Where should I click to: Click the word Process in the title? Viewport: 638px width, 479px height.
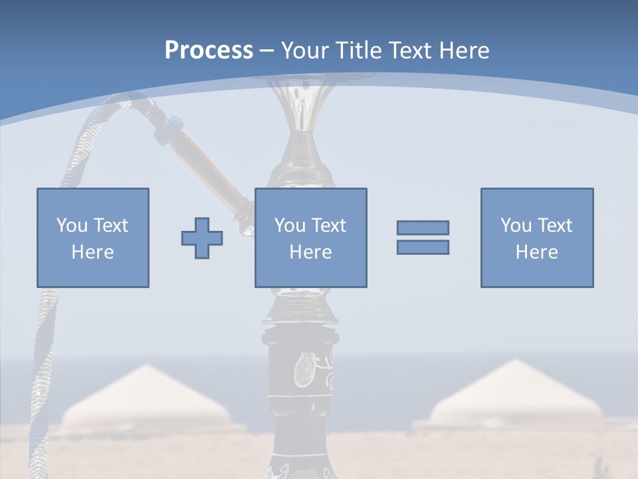coord(209,50)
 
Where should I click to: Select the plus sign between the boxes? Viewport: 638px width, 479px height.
coord(202,238)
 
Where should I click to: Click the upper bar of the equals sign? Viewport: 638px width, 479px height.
coord(423,228)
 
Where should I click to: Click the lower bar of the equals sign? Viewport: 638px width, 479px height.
coord(423,247)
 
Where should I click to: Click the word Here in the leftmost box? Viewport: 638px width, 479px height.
coord(92,252)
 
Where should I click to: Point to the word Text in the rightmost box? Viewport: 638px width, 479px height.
coord(556,226)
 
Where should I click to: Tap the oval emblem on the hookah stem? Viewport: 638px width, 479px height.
coord(302,369)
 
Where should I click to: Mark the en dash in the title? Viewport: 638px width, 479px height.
coord(267,51)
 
